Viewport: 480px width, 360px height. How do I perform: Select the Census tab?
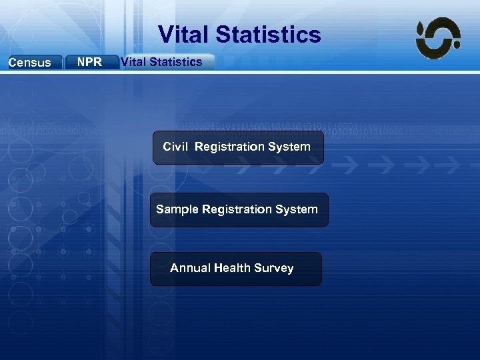coord(29,63)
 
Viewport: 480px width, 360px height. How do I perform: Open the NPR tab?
coord(89,62)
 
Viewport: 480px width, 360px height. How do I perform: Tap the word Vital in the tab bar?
coord(133,62)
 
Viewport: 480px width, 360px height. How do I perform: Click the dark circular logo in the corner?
coord(438,38)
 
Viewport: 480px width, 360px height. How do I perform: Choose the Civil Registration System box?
coord(238,147)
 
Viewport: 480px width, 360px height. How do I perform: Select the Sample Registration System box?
coord(239,210)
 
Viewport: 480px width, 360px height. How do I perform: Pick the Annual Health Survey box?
coord(235,269)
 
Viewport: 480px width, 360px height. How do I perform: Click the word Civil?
coord(175,147)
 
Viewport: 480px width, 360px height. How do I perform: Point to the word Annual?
coord(190,268)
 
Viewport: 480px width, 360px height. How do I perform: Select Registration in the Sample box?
coord(235,209)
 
